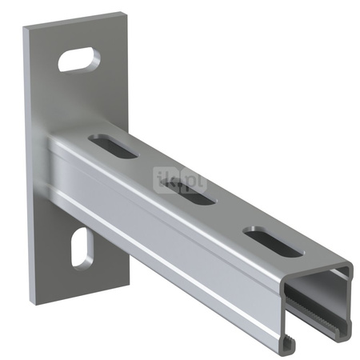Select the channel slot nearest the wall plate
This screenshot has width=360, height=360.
coord(113,145)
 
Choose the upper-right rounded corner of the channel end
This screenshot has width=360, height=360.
coord(350,267)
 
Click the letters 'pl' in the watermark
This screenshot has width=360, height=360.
coord(195,182)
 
